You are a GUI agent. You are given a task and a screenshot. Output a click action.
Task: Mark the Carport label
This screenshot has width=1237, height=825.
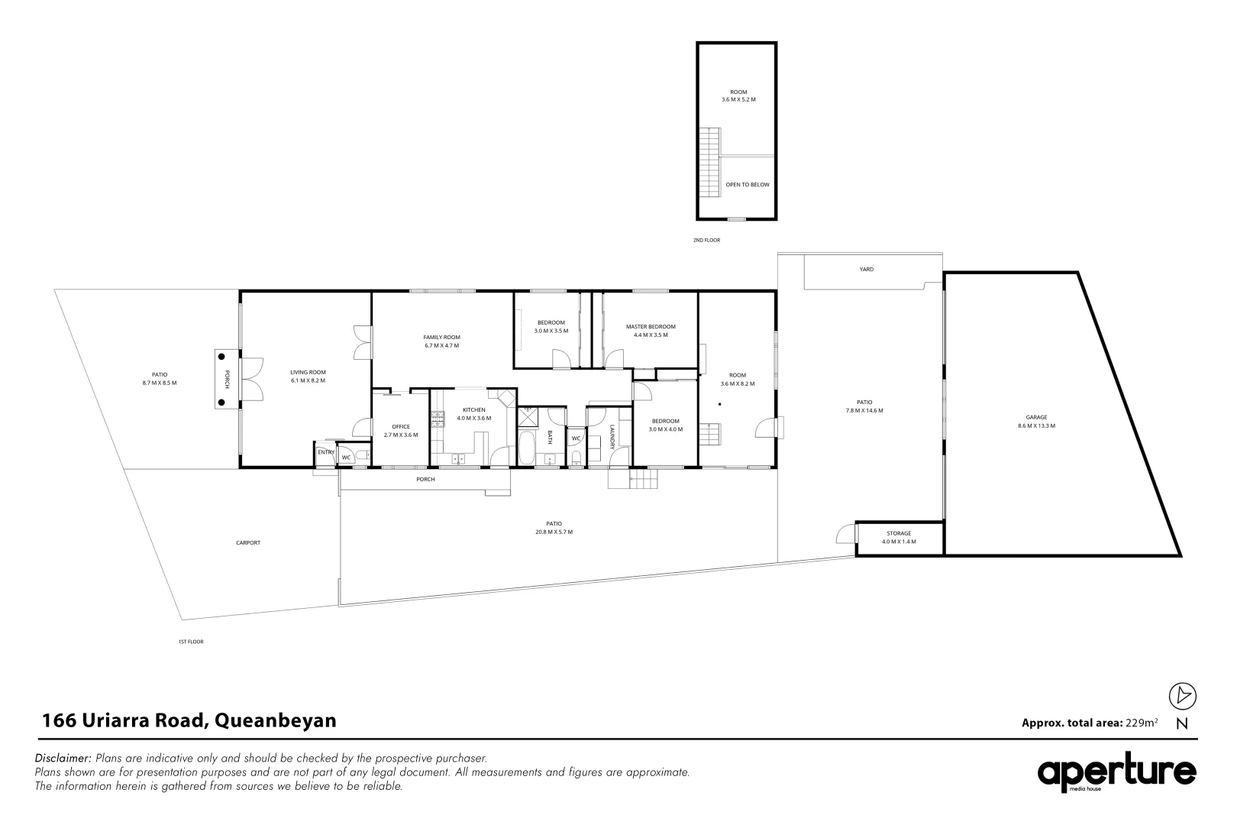(248, 542)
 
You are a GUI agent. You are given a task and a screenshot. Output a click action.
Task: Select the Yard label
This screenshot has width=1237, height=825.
(866, 269)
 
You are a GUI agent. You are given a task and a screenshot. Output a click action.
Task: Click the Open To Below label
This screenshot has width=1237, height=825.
(747, 184)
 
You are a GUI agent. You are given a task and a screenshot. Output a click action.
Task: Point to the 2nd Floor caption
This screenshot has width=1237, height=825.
(706, 240)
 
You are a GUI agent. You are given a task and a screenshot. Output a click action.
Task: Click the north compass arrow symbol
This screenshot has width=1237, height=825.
(1183, 696)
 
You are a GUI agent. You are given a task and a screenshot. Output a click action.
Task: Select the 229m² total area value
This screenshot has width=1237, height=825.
(1142, 722)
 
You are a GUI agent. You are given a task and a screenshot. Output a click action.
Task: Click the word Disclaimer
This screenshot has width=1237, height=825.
(63, 759)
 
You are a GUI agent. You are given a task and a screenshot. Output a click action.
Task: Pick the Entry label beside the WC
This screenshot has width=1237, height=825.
(326, 452)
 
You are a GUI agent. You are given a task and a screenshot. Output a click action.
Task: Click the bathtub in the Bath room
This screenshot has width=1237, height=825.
(528, 448)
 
